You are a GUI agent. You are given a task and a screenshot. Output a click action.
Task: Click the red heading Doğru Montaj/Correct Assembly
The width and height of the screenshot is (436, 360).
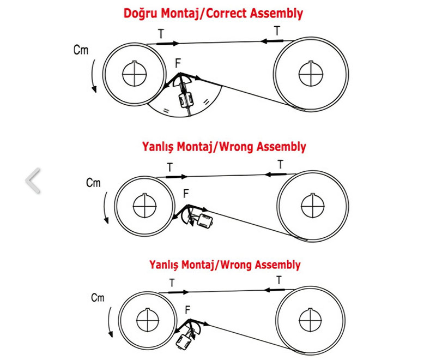pos(213,13)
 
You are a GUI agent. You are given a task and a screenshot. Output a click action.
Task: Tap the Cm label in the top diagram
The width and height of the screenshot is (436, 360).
pos(81,50)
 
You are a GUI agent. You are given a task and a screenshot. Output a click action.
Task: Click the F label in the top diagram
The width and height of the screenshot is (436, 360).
pos(178,63)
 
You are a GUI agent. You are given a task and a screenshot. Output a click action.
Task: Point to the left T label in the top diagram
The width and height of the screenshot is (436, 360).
pos(161,34)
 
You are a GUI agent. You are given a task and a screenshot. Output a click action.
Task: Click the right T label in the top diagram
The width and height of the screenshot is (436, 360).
pos(277,31)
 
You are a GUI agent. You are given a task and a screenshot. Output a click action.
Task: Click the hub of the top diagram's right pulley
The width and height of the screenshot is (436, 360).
pos(311,74)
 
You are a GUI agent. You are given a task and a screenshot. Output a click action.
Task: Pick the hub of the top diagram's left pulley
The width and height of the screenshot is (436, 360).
pos(135,74)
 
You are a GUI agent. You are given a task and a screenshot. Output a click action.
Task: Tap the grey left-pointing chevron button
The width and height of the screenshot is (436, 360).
pos(33,181)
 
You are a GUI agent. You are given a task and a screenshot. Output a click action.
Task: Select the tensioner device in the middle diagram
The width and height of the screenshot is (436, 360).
pos(205,220)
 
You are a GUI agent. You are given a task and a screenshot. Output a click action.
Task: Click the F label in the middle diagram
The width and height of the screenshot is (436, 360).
pos(186,193)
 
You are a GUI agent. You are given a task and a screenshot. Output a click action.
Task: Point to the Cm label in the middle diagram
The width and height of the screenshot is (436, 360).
pos(93,183)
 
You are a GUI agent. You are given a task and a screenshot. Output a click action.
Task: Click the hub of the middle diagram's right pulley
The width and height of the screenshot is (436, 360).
pos(313,206)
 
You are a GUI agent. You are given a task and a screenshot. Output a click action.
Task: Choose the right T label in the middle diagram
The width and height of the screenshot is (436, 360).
pos(281,164)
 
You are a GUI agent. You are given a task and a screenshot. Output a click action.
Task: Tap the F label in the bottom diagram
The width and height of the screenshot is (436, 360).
pos(187,310)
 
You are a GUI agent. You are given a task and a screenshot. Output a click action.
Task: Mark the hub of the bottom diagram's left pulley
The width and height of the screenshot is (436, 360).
pos(148,320)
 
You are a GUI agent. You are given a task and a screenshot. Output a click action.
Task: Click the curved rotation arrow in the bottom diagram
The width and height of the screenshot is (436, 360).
pos(110,322)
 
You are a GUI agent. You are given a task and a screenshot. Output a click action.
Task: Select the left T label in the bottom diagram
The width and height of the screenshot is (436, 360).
pos(172,283)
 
